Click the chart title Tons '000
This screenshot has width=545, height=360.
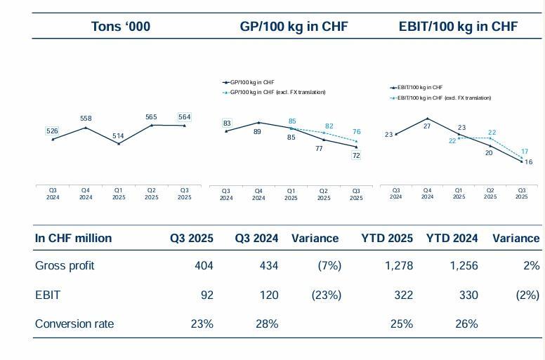(x=121, y=27)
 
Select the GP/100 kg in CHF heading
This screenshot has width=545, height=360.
(x=294, y=27)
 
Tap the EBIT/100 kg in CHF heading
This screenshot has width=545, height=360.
(x=458, y=27)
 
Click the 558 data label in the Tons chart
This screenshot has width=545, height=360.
(x=86, y=119)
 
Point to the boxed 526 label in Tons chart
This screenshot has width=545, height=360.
(x=53, y=131)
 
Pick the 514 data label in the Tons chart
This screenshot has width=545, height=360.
(x=119, y=136)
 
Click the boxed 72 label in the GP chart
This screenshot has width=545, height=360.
(x=356, y=156)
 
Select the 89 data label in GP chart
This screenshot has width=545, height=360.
(x=258, y=132)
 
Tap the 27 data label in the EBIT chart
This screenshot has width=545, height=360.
(x=427, y=127)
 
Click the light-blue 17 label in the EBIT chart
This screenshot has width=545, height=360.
(x=525, y=152)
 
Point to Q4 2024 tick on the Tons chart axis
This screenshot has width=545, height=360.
(x=86, y=194)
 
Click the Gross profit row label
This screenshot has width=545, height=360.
(x=65, y=265)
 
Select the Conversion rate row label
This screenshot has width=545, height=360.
(x=74, y=324)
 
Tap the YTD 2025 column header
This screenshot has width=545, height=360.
(x=387, y=238)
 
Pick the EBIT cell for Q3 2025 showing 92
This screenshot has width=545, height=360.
(x=206, y=295)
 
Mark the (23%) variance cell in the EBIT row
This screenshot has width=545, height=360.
(x=326, y=295)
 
